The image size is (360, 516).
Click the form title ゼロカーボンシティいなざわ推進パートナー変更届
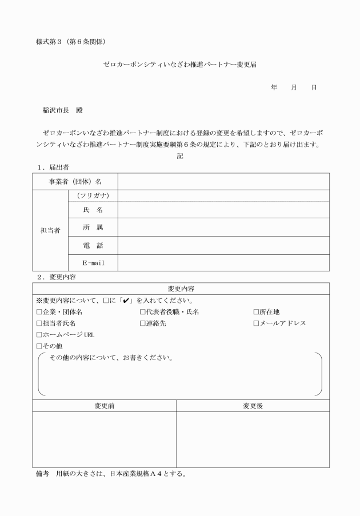[x=179, y=65]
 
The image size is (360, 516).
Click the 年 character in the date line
[x=274, y=87]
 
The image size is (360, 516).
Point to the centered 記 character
[x=180, y=155]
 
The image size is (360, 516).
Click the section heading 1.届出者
[x=53, y=167]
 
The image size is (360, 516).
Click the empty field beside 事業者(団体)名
[x=223, y=181]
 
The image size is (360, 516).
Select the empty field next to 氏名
[x=223, y=210]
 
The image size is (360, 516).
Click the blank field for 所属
[x=223, y=227]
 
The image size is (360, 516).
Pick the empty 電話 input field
[x=223, y=245]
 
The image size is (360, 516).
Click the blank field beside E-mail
[x=223, y=263]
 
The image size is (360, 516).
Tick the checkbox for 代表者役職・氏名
[x=143, y=312]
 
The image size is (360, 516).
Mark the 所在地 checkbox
[x=256, y=312]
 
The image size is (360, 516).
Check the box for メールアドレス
[x=256, y=323]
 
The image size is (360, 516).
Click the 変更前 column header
[x=104, y=406]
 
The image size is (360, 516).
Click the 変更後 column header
[x=253, y=406]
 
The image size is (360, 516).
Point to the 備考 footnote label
[x=43, y=474]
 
